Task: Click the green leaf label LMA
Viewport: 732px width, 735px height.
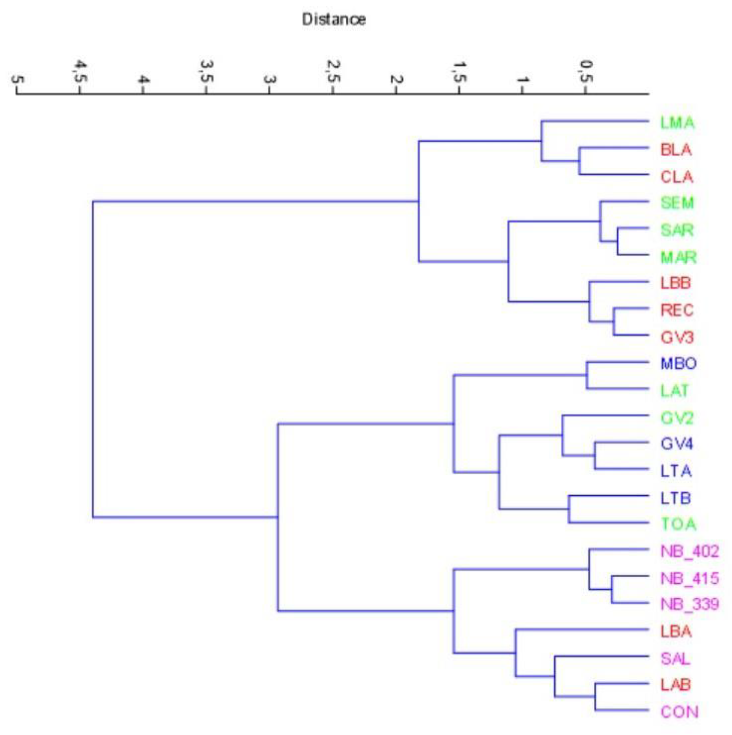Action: point(677,123)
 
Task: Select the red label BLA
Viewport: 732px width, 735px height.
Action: point(676,150)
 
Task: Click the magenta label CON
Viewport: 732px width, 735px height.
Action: point(679,712)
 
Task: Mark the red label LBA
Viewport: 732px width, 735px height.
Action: point(676,632)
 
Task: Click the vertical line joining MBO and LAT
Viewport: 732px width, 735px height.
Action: point(587,375)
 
